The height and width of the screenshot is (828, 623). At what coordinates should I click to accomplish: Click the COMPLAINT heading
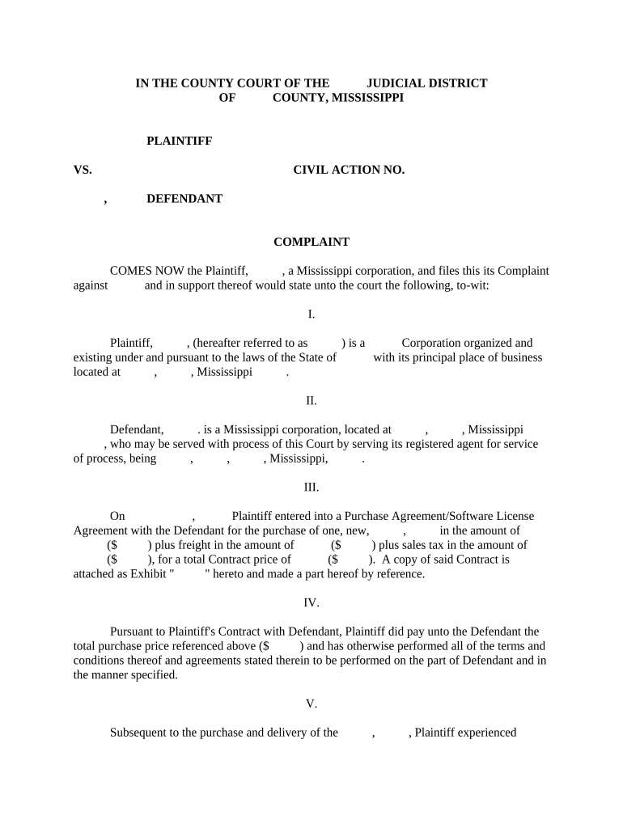[x=311, y=242]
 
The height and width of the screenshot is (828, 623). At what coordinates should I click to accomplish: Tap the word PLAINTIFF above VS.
[x=179, y=141]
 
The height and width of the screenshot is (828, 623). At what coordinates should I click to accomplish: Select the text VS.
[x=83, y=170]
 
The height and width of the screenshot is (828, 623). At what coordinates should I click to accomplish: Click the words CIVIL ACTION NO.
[x=348, y=170]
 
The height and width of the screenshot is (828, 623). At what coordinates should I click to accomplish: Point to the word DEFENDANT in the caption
[x=184, y=199]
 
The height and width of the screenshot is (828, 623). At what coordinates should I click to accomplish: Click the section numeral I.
[x=311, y=315]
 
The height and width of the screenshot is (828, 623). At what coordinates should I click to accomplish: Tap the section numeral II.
[x=311, y=401]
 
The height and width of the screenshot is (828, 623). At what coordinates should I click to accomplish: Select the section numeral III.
[x=311, y=488]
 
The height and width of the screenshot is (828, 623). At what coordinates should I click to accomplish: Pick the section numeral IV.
[x=311, y=603]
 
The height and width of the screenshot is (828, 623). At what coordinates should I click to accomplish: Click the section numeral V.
[x=311, y=704]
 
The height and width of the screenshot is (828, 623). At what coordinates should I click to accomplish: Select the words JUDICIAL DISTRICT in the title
[x=426, y=83]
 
